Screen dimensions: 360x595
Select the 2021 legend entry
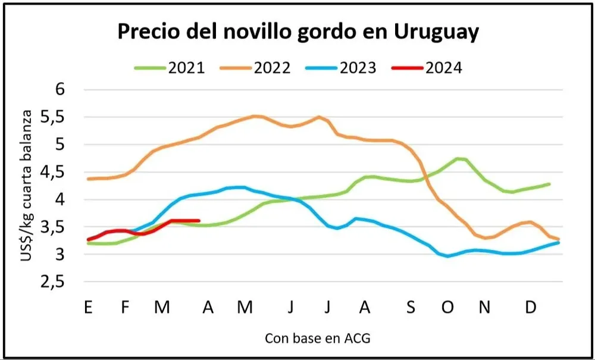[169, 67]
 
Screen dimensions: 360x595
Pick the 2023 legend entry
[341, 67]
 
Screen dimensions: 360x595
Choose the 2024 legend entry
[427, 67]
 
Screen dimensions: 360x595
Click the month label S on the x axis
[411, 308]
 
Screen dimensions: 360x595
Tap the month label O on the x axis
[447, 308]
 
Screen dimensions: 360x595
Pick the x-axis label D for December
[531, 308]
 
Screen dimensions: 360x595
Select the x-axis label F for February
[125, 308]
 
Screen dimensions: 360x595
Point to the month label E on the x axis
[88, 308]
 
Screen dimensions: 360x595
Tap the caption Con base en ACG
[317, 339]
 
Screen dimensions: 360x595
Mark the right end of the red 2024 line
[198, 221]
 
